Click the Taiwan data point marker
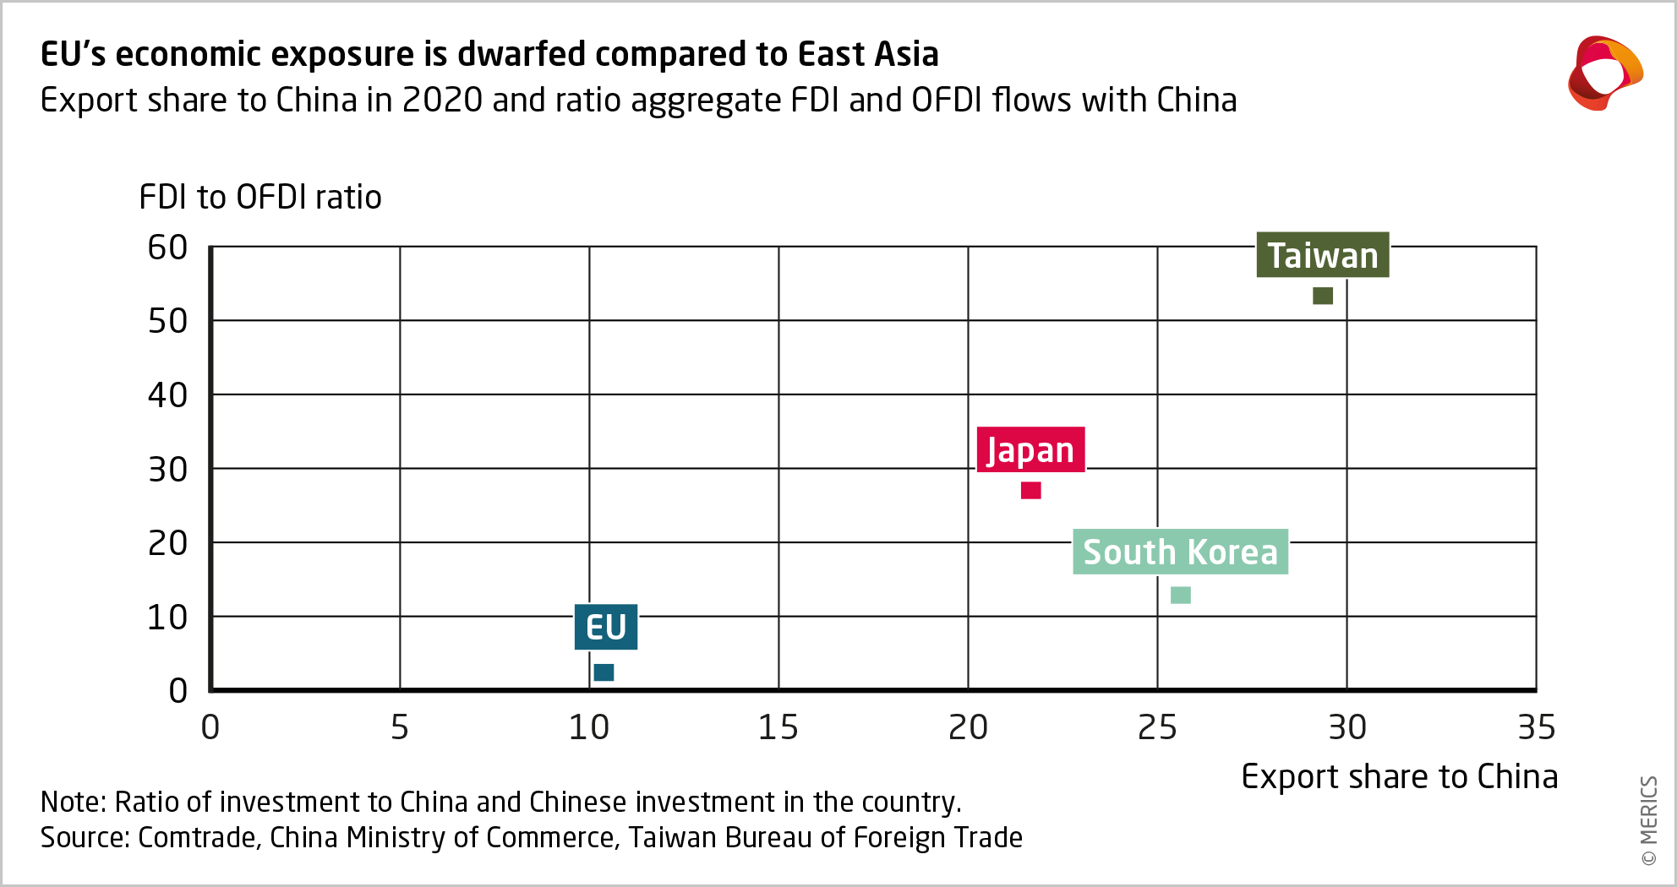click(x=1323, y=296)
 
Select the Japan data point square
click(x=1030, y=490)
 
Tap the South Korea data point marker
click(x=1181, y=596)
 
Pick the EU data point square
click(x=604, y=672)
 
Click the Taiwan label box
click(x=1322, y=255)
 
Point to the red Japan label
click(x=1030, y=449)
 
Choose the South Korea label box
click(x=1180, y=552)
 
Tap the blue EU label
click(x=606, y=627)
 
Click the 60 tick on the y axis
click(x=167, y=248)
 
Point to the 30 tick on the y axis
click(x=167, y=470)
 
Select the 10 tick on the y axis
click(x=167, y=618)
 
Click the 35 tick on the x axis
click(x=1536, y=727)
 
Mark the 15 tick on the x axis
click(x=778, y=727)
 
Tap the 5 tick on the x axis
click(x=400, y=727)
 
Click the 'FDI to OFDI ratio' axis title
click(x=260, y=197)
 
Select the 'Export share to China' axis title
click(x=1399, y=776)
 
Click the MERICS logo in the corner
click(x=1604, y=73)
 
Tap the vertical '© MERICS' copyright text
click(x=1648, y=820)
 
